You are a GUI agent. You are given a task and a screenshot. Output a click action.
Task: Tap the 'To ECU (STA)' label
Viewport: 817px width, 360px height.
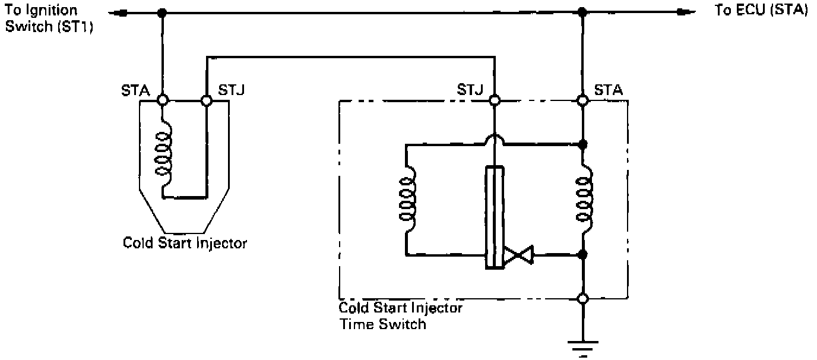tap(761, 11)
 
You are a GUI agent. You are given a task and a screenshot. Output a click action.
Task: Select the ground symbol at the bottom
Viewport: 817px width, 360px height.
tap(583, 345)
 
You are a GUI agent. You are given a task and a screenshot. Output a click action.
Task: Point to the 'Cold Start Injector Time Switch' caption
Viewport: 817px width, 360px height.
tap(400, 316)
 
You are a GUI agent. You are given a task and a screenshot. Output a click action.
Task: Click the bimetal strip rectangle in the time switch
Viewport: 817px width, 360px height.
tap(495, 217)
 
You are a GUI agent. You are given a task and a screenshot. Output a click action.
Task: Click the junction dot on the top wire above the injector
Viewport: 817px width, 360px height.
tap(162, 12)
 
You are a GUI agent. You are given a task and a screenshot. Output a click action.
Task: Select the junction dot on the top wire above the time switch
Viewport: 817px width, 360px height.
tap(583, 12)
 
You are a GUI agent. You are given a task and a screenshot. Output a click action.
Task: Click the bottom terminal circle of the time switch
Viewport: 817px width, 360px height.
tap(583, 298)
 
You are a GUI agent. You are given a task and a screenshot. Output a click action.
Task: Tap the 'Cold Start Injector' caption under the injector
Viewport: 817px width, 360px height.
tap(185, 243)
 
